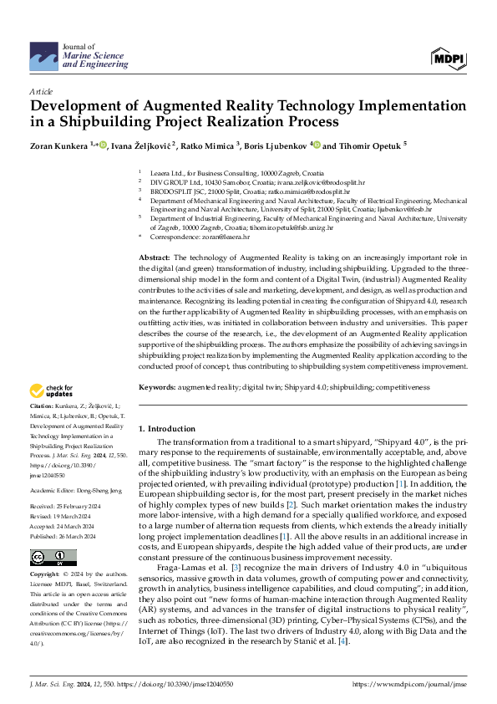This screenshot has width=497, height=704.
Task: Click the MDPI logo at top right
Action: coord(449,58)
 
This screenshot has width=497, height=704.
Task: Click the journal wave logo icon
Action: coord(43,58)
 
